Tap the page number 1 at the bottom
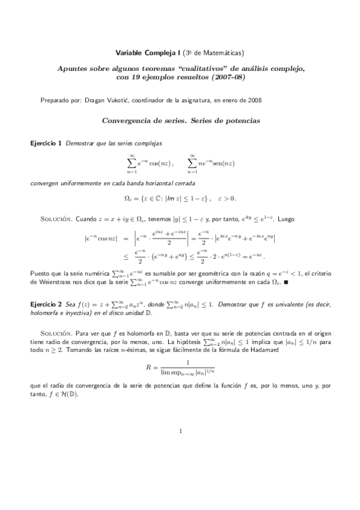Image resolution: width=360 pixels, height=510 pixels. click(x=180, y=431)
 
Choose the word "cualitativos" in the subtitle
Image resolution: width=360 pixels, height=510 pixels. click(x=203, y=68)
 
